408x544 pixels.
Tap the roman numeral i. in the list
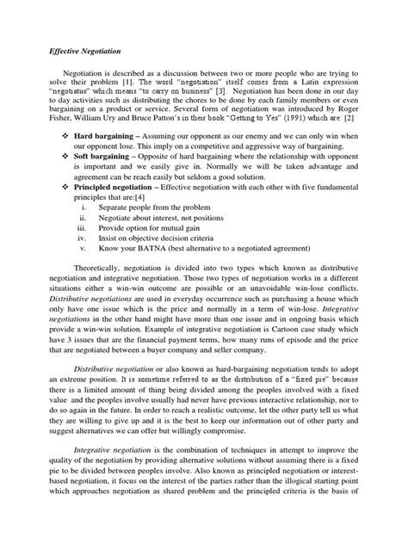(83, 231)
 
